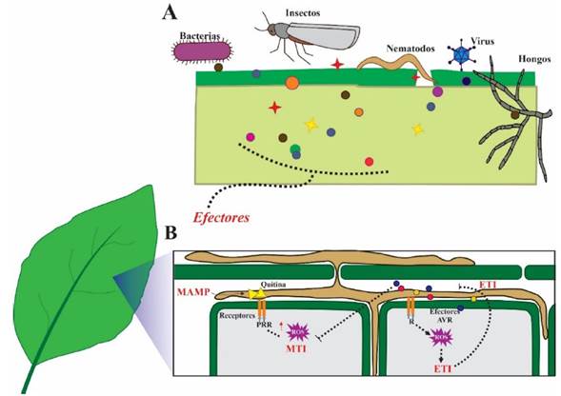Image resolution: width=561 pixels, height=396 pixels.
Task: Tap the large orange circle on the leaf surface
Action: [x=291, y=83]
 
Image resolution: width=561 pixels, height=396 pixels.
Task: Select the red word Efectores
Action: [x=224, y=217]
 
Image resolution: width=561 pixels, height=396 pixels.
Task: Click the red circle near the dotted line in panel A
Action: [x=370, y=162]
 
